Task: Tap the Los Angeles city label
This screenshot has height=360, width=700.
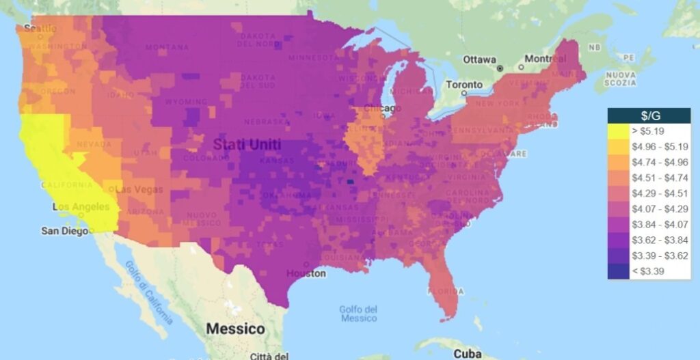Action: pos(81,207)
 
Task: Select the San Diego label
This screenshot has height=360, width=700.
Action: pos(64,231)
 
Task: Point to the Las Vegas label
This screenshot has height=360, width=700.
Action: pos(139,189)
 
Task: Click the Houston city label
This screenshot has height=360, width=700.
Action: pos(306,273)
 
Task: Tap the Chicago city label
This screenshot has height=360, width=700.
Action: pos(383,109)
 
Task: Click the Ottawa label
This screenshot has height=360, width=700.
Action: pos(479,59)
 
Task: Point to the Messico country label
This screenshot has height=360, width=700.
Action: pos(235,329)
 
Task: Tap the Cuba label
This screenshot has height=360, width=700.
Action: pos(468,354)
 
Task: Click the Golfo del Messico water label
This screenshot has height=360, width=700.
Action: pos(358,314)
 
